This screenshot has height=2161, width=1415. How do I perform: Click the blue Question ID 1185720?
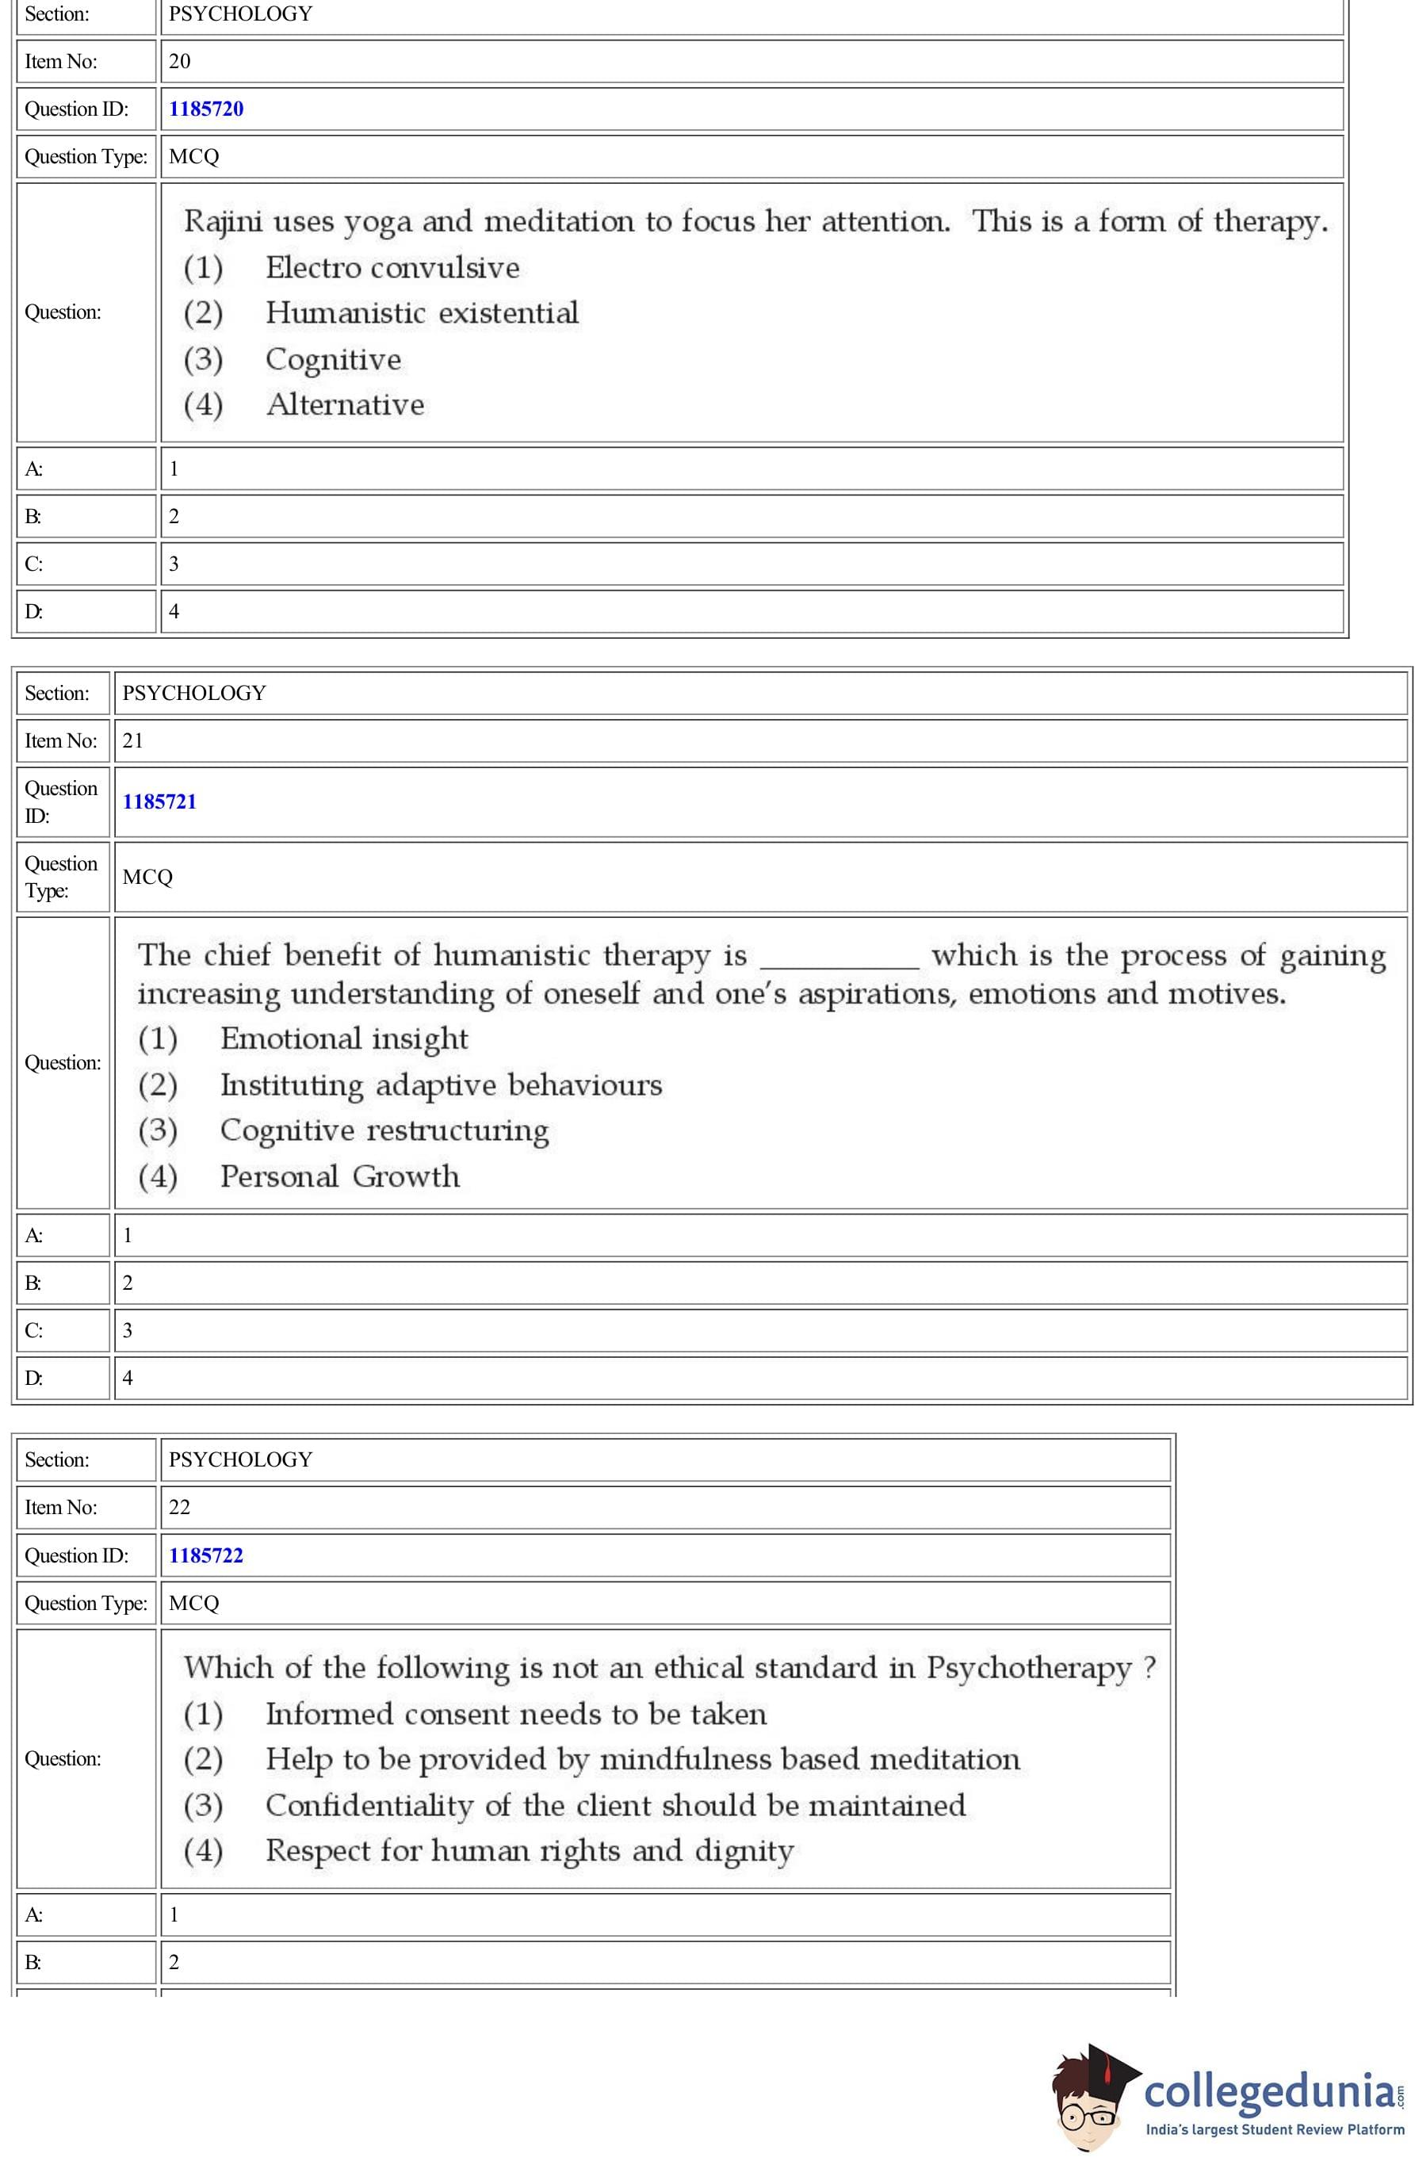coord(206,109)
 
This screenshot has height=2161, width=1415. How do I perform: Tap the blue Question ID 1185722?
coord(206,1555)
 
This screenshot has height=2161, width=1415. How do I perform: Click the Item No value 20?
coord(180,62)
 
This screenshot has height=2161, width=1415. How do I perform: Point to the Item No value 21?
coord(132,741)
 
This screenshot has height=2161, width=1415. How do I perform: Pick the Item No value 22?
coord(180,1507)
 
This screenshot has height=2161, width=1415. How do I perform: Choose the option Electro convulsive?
coord(392,268)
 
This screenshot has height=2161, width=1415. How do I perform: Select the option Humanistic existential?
coord(422,313)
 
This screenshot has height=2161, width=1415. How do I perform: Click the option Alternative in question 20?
coord(345,405)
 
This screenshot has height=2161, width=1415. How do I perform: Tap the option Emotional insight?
coord(344,1038)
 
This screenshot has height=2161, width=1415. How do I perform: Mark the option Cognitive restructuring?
coord(384,1130)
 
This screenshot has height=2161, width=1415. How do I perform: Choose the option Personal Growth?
coord(339,1176)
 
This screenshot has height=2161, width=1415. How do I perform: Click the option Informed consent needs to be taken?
coord(516,1714)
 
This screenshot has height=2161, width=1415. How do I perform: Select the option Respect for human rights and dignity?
coord(530,1851)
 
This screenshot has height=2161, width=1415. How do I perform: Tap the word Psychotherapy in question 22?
coord(1029,1669)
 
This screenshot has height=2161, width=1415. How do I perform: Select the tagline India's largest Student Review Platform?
coord(1274,2129)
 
